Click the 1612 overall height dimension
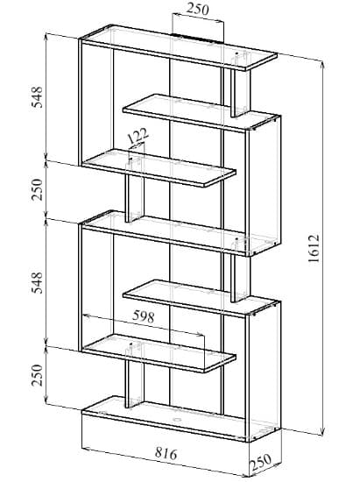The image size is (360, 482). (314, 248)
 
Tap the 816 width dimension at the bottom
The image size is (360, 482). (166, 453)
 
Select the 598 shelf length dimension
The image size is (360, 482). (143, 316)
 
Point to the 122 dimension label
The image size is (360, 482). (138, 136)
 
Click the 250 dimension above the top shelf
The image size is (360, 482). (197, 10)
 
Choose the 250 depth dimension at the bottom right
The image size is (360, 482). (260, 462)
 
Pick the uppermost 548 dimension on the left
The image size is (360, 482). (37, 96)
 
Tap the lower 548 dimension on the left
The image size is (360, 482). (37, 282)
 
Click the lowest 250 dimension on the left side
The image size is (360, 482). (37, 375)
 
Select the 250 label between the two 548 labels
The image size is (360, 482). (37, 189)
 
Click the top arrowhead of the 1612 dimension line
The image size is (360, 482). (322, 65)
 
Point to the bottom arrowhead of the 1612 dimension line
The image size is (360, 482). (322, 431)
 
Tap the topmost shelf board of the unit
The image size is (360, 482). (178, 47)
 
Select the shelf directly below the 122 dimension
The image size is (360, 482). (159, 167)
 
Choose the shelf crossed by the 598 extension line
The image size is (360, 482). (159, 353)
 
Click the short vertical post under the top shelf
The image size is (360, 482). (241, 92)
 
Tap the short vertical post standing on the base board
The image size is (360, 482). (134, 384)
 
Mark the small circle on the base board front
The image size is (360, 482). (176, 420)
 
